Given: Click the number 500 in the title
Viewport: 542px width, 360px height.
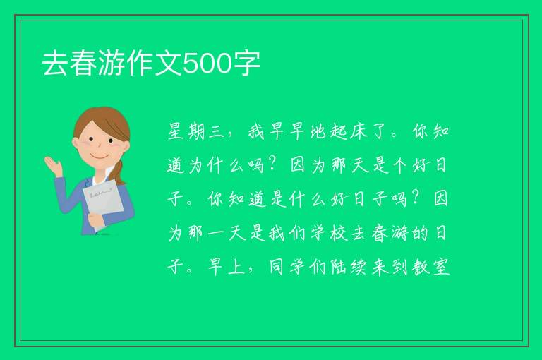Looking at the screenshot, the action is point(207,64).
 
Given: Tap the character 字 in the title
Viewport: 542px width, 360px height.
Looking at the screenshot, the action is point(246,64).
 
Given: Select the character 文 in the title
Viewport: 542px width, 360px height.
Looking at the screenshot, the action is point(168,64).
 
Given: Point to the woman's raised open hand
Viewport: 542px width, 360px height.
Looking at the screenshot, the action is point(54,165).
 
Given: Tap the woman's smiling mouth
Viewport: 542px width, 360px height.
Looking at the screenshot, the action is point(100,156).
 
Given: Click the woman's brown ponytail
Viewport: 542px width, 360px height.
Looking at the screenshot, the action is point(119,172).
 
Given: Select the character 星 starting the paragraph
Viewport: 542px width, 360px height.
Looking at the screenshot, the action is point(176,131).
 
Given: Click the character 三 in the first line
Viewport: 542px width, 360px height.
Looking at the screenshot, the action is point(217,131).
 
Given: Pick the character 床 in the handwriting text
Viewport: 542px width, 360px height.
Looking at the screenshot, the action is point(359,131).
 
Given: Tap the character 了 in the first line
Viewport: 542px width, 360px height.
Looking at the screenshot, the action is point(379,131).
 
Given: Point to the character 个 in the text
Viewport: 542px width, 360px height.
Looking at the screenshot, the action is point(400,165).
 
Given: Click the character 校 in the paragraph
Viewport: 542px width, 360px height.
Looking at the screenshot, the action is point(338,233).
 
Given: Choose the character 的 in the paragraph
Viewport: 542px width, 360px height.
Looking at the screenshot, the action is point(420,233).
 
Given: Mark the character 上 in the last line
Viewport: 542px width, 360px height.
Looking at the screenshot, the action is point(236,267).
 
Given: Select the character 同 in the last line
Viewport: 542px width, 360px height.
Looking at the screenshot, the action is point(277,267).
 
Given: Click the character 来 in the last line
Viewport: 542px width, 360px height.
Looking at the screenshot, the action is point(380,267).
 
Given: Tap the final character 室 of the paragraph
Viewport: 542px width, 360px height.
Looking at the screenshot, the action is point(440,267).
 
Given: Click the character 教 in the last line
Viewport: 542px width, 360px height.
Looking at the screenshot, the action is point(421,267).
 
